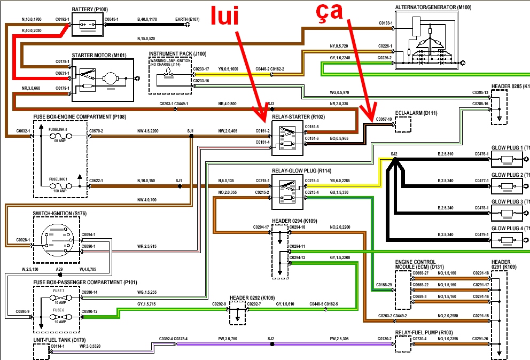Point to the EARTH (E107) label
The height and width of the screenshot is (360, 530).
[x=187, y=19]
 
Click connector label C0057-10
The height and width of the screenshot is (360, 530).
[x=384, y=120]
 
